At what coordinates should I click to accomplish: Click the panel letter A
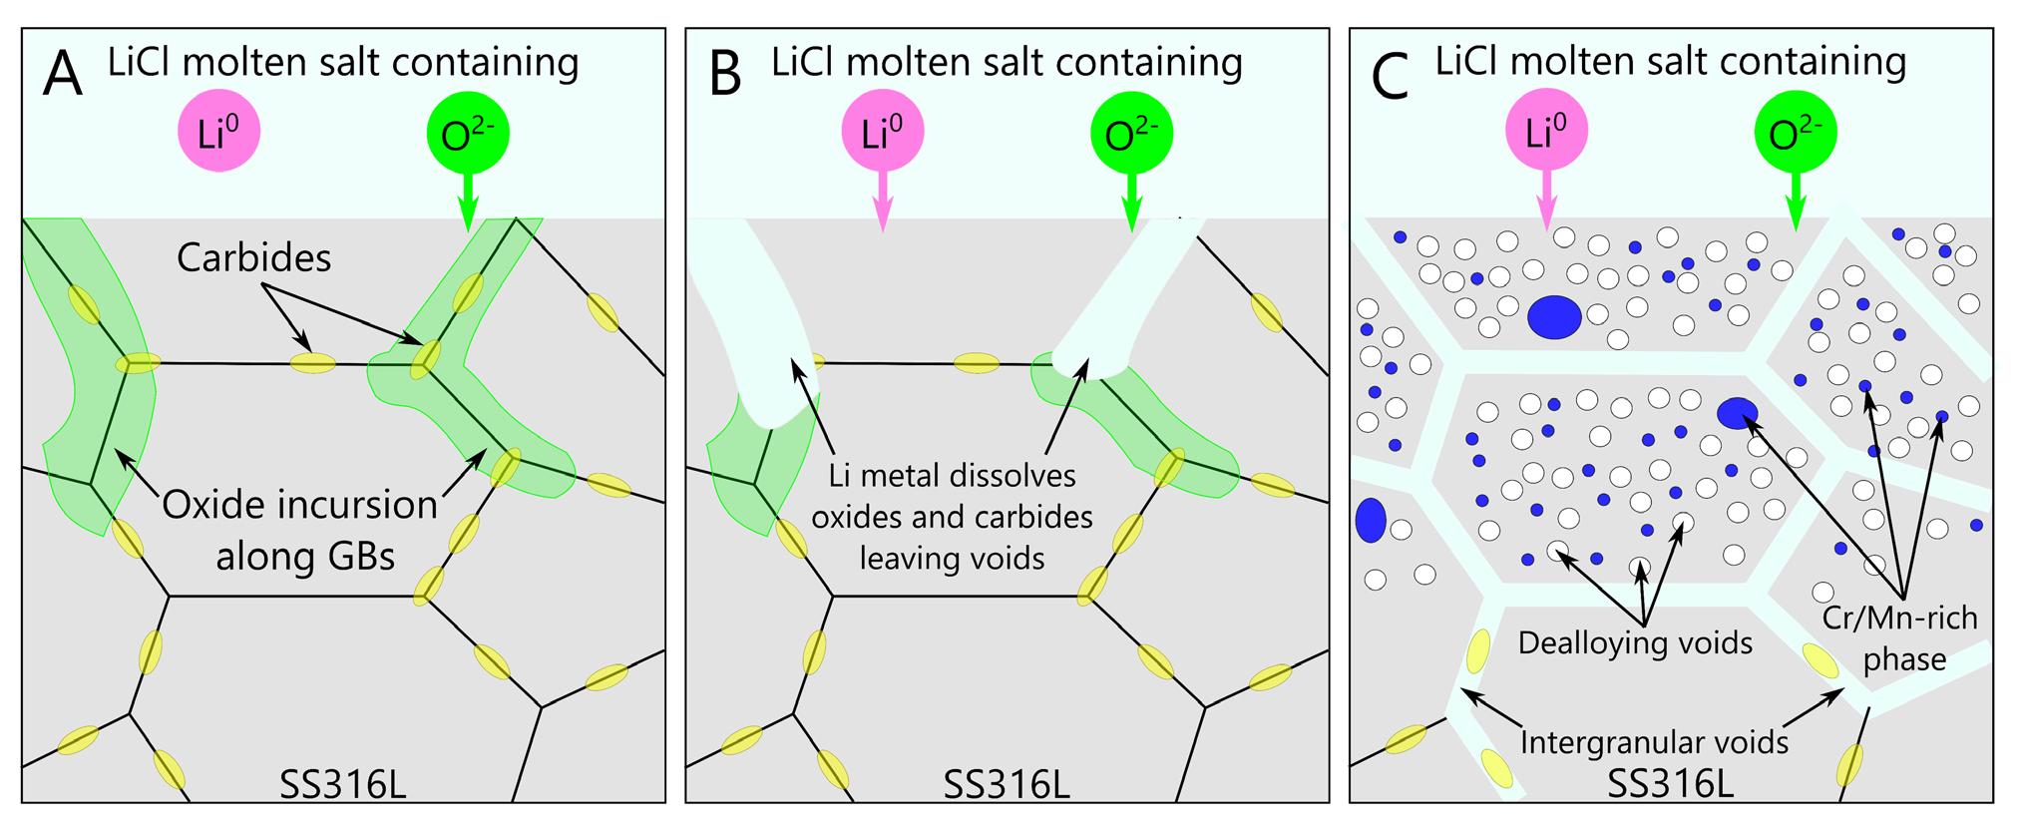pos(62,76)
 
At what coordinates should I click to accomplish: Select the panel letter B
pos(725,76)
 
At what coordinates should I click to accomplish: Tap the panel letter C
pos(1390,76)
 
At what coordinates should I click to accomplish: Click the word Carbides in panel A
pos(254,258)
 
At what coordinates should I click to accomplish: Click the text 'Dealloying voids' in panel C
pos(1635,642)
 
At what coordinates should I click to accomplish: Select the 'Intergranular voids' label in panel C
pos(1654,742)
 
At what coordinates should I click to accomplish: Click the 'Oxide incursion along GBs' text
pos(300,530)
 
